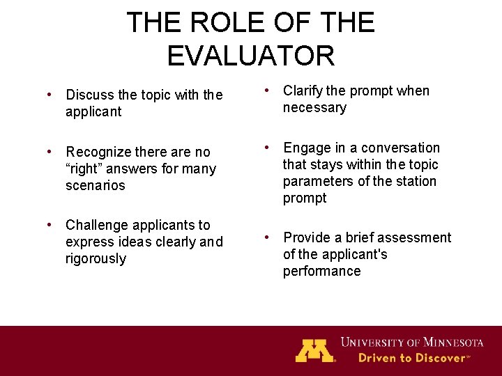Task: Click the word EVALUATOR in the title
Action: (251, 56)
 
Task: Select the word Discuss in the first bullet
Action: (91, 95)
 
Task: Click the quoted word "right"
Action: (82, 169)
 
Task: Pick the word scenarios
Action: (96, 186)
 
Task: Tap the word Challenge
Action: (99, 225)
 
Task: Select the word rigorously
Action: (96, 259)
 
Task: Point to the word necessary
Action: (314, 108)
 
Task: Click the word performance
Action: (321, 272)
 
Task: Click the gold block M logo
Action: (314, 350)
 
